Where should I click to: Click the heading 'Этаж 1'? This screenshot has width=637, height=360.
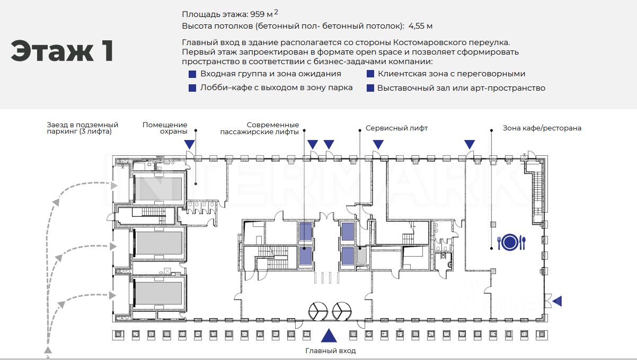point(63,51)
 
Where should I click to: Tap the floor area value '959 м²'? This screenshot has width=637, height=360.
point(264,13)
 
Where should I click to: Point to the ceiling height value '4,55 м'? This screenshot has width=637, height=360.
point(420,26)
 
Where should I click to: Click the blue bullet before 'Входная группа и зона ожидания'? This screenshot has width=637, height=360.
point(192,74)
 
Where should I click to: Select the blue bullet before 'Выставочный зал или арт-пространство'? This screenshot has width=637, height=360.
point(370,88)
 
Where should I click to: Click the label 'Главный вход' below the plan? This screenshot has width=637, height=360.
point(331,350)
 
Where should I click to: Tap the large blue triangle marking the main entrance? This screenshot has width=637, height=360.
point(329,335)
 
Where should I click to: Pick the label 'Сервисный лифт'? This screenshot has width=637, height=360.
point(396,128)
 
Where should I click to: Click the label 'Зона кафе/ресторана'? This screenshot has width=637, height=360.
point(542,128)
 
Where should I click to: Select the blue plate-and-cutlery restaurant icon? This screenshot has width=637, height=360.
point(511,243)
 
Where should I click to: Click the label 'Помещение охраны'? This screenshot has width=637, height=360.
point(165,128)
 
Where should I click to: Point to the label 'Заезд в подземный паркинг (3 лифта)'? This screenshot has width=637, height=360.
point(83,128)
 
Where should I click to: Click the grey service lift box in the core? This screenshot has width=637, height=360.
point(362,256)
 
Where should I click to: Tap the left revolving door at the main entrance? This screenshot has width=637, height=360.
point(318,311)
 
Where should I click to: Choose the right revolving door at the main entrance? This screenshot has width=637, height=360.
point(341,311)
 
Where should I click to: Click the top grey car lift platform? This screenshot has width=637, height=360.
point(158,189)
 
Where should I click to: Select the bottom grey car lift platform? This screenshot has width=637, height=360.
point(158,293)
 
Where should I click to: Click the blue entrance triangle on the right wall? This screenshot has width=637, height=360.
point(558,301)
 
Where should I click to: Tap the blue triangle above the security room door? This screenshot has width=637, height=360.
point(189,144)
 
